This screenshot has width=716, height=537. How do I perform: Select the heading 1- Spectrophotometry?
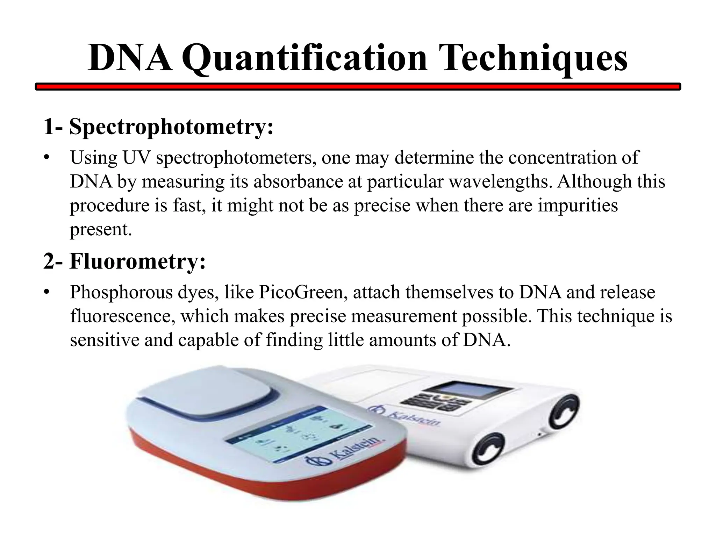(x=158, y=127)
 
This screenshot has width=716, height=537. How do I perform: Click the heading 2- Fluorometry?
(x=124, y=262)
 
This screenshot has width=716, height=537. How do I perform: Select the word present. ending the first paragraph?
(x=101, y=229)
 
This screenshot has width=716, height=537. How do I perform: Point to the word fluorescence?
(x=123, y=316)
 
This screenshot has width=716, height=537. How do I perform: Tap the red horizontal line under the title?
(x=358, y=86)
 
